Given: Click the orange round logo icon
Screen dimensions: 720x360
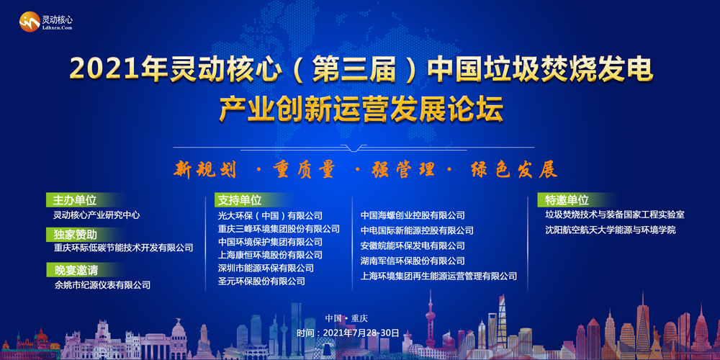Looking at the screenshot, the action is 30,22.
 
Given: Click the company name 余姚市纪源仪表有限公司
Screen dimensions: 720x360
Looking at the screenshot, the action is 102,285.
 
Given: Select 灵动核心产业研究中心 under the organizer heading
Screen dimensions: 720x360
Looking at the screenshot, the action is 96,215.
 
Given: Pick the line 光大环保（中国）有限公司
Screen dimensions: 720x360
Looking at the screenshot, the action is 270,215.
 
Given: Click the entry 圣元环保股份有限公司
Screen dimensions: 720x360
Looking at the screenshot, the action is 261,281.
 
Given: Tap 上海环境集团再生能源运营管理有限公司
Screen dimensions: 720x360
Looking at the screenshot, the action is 439,276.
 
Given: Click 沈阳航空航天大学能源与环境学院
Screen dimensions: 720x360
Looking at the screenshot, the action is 611,230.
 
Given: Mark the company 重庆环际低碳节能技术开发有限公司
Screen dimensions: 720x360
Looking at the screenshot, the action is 123,248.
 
